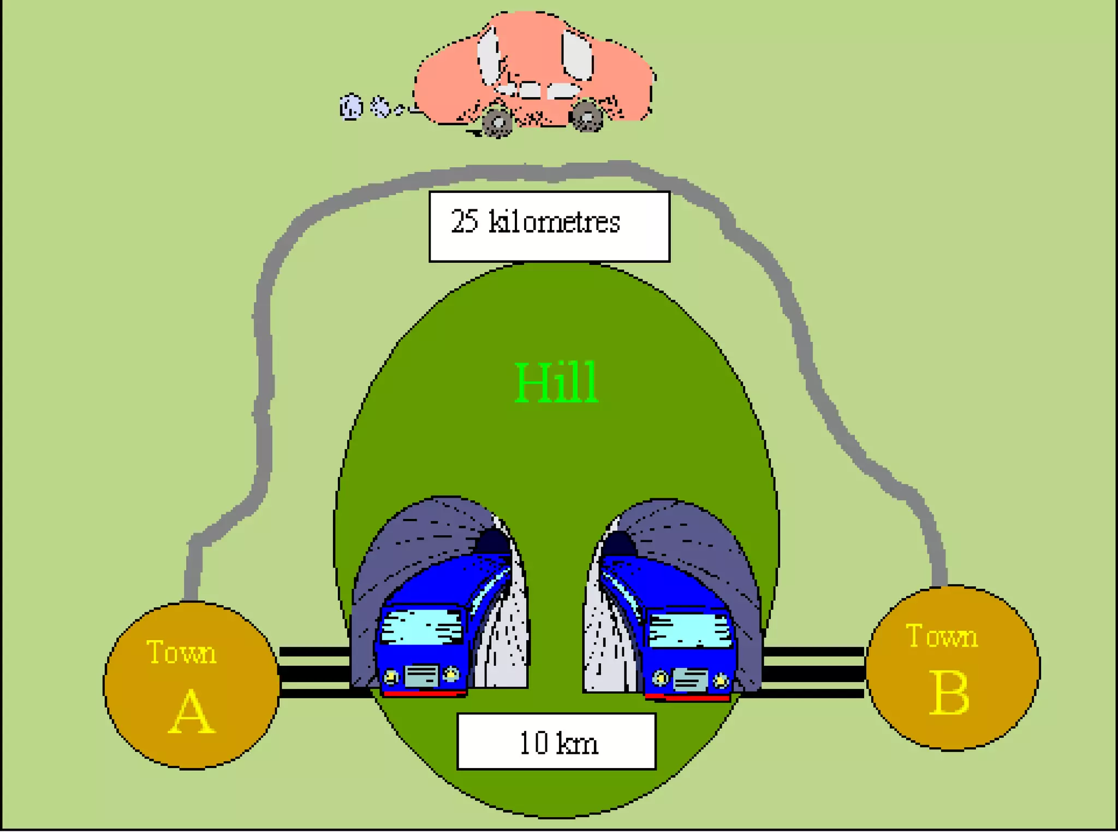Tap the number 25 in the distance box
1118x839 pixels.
coord(465,222)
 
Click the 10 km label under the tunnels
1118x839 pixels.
coord(557,743)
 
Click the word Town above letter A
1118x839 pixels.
coord(181,652)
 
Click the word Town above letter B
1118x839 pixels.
coord(942,636)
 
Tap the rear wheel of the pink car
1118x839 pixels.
coord(497,122)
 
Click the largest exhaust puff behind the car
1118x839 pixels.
coord(351,107)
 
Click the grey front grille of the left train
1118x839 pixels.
coord(421,676)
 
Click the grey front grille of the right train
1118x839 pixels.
coord(690,680)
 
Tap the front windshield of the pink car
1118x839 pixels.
coord(577,55)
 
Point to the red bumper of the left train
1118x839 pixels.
coord(425,693)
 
